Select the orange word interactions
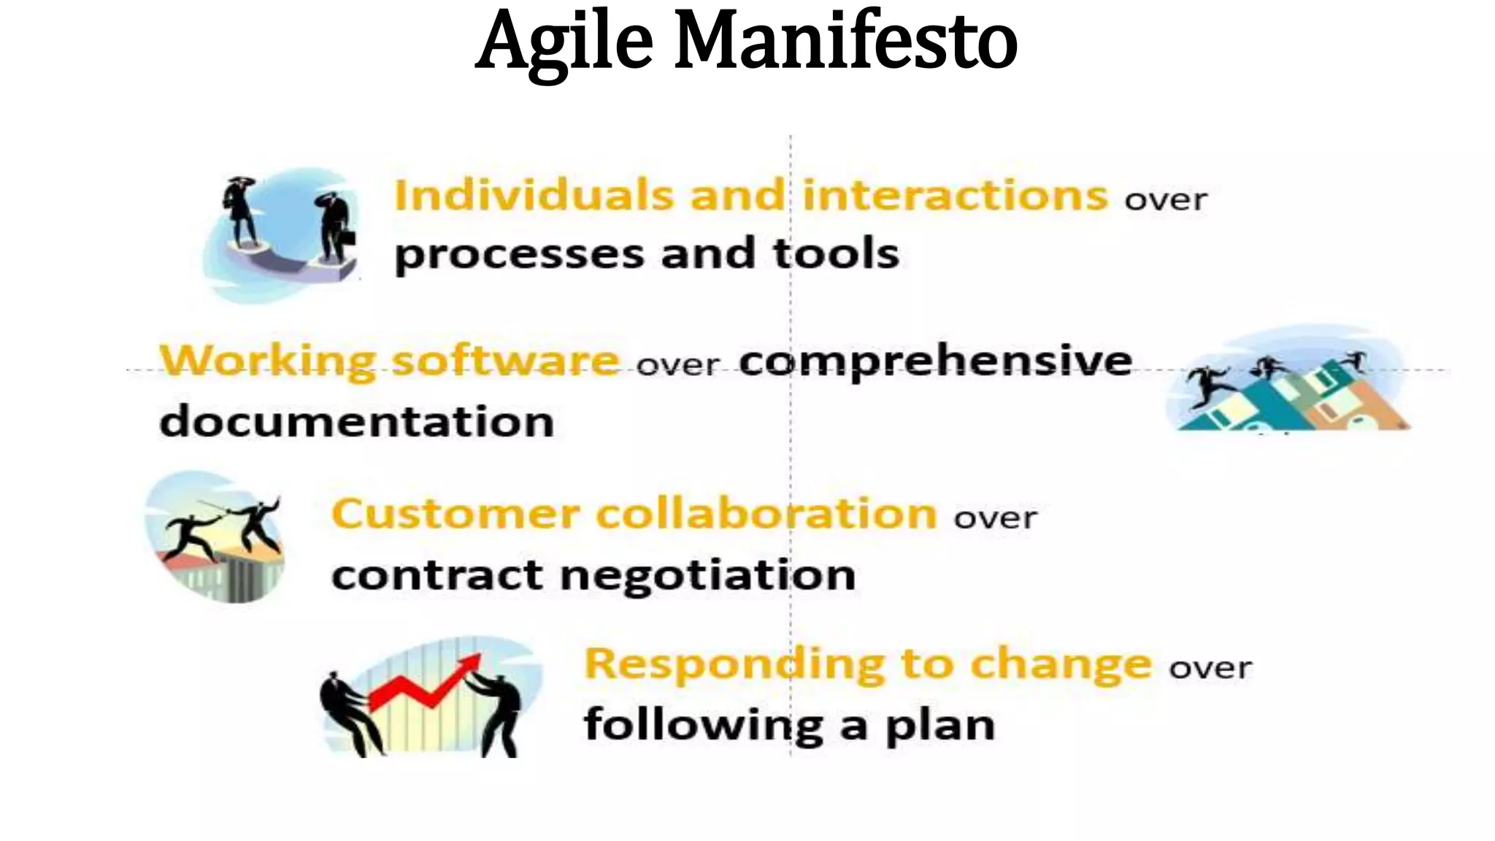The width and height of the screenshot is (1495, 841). coord(955,195)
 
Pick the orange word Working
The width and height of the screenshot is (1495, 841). coord(267,360)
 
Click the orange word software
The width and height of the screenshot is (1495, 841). coord(505,360)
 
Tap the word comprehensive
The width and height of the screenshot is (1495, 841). coord(935,361)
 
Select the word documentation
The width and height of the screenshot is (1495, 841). coord(356,422)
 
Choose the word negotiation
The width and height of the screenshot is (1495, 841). coord(707,575)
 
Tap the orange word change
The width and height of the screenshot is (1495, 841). coord(1061,664)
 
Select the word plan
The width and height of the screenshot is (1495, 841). coord(940,726)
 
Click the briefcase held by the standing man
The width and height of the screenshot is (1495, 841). coord(348,237)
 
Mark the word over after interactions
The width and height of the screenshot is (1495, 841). coord(1166,199)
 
